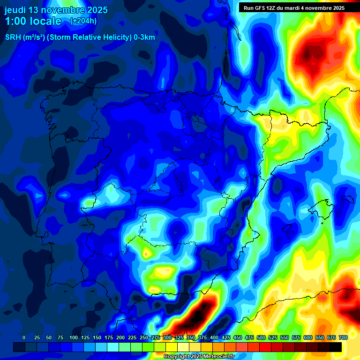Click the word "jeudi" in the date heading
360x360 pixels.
(15, 10)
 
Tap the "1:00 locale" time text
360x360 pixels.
(33, 21)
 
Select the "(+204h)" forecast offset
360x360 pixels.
(83, 21)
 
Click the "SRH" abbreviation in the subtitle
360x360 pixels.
(13, 37)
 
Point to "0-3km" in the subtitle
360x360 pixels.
(144, 37)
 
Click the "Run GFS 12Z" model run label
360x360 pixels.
(260, 7)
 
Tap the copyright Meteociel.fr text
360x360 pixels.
(199, 357)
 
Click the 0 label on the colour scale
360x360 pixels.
(24, 337)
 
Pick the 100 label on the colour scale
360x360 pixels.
(74, 337)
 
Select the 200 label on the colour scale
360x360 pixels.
(120, 337)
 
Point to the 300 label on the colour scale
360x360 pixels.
(167, 337)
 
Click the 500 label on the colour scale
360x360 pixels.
(261, 337)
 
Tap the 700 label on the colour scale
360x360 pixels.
(343, 337)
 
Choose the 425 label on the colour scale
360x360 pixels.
(226, 337)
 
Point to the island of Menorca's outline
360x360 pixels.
(347, 199)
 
